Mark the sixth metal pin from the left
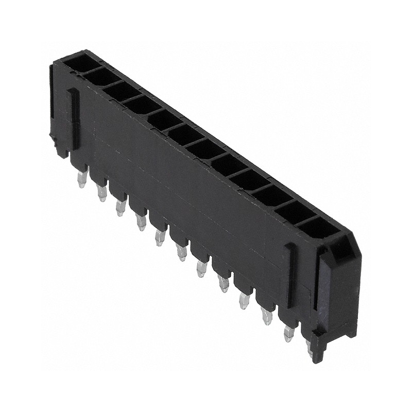tap(181, 252)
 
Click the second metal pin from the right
tap(288, 334)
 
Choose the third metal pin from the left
tap(121, 208)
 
